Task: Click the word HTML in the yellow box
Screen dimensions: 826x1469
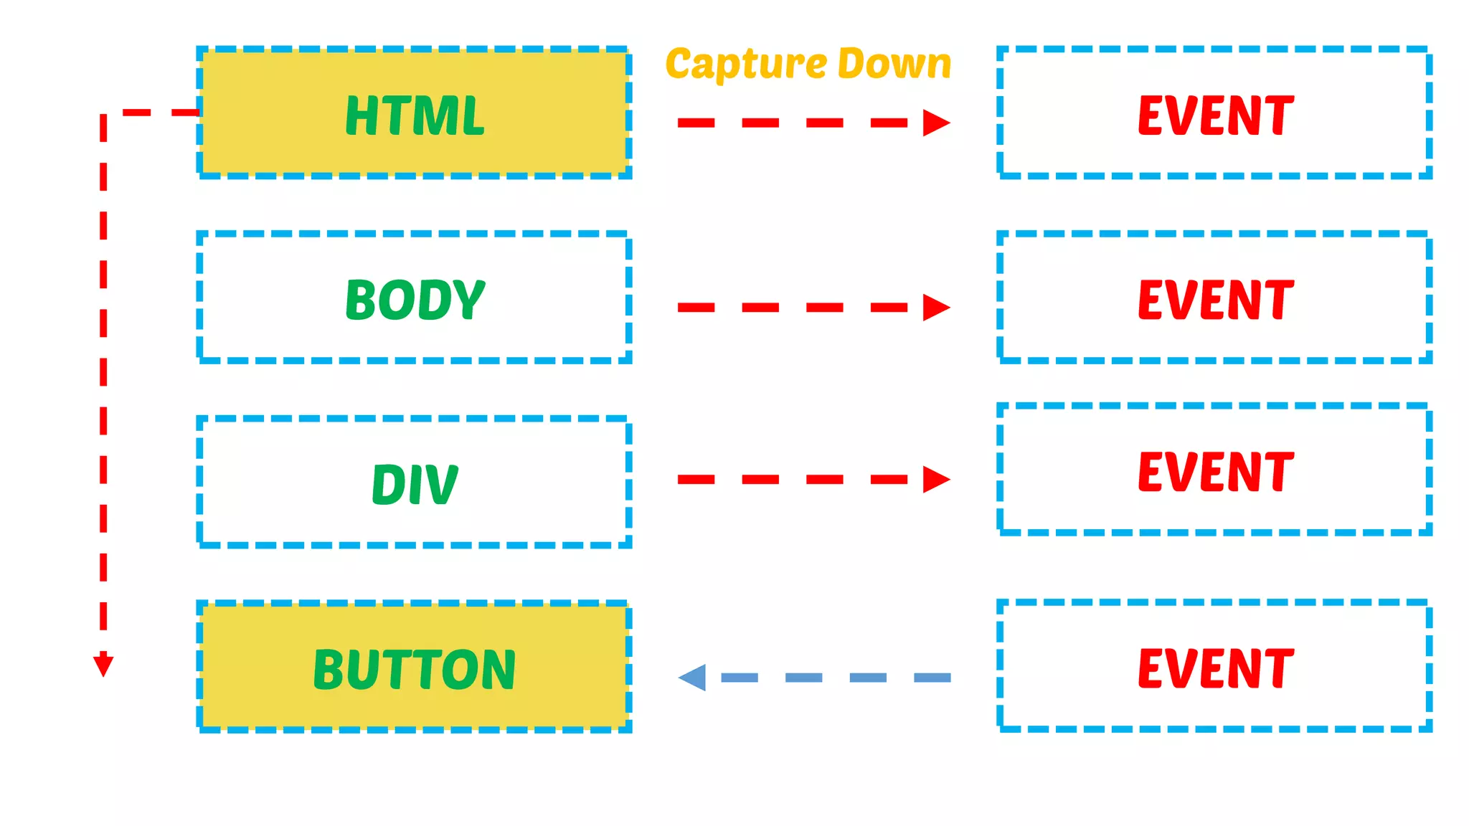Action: point(415,115)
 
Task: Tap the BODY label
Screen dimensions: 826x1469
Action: point(415,300)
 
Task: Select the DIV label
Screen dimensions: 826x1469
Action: point(415,485)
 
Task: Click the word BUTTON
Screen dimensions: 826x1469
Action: point(415,670)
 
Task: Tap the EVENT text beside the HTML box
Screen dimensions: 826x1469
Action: point(1216,115)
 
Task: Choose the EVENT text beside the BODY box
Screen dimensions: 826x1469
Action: point(1216,300)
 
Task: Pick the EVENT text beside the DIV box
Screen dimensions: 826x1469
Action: point(1216,472)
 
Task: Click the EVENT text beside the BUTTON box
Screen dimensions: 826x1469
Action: point(1216,668)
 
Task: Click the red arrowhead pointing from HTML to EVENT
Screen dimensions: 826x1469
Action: point(935,123)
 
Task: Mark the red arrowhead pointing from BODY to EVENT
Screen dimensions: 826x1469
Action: point(935,308)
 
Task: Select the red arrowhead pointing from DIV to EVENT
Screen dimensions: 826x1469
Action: point(935,479)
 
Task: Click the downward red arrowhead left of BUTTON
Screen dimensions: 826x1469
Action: point(103,664)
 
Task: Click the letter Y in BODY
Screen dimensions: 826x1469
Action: point(469,300)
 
